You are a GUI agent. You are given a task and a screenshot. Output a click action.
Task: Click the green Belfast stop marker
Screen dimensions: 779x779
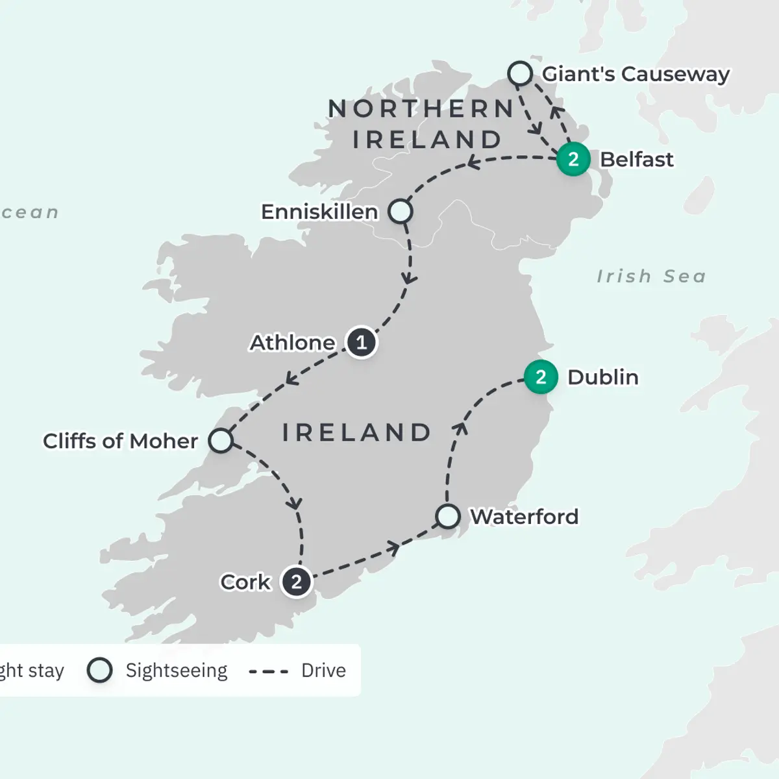(573, 159)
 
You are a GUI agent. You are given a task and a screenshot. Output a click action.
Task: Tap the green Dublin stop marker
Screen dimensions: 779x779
(541, 377)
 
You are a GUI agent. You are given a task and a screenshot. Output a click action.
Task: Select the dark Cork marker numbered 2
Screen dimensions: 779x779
(296, 582)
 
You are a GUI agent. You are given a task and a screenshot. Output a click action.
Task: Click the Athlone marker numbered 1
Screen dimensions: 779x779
(361, 342)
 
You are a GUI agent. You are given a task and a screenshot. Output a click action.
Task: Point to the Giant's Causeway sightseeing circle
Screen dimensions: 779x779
(520, 74)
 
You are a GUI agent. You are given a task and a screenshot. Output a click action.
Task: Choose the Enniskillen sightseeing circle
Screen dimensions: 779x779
(401, 212)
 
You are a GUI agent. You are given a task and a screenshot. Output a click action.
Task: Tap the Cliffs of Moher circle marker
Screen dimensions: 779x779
(221, 440)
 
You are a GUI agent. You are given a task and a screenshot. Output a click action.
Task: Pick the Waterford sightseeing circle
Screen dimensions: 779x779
(447, 517)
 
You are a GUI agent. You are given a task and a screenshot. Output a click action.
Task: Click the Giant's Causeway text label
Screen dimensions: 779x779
(636, 74)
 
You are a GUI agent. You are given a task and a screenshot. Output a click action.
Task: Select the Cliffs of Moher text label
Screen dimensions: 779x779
(120, 441)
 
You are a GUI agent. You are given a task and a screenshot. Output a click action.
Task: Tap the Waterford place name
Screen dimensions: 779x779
(524, 517)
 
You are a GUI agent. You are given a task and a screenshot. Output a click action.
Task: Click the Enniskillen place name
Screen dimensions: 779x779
(319, 212)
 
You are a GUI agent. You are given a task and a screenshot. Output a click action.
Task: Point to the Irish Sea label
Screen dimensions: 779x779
(651, 277)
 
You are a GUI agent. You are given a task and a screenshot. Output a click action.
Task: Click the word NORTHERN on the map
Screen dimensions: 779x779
(421, 109)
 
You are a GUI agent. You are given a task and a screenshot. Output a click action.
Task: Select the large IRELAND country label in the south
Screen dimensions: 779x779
(356, 433)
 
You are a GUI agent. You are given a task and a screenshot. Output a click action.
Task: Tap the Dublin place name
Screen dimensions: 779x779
(602, 377)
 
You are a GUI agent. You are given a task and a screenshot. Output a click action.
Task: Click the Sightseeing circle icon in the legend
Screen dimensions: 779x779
(100, 670)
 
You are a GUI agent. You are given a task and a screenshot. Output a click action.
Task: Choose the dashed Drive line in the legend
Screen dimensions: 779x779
(269, 671)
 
